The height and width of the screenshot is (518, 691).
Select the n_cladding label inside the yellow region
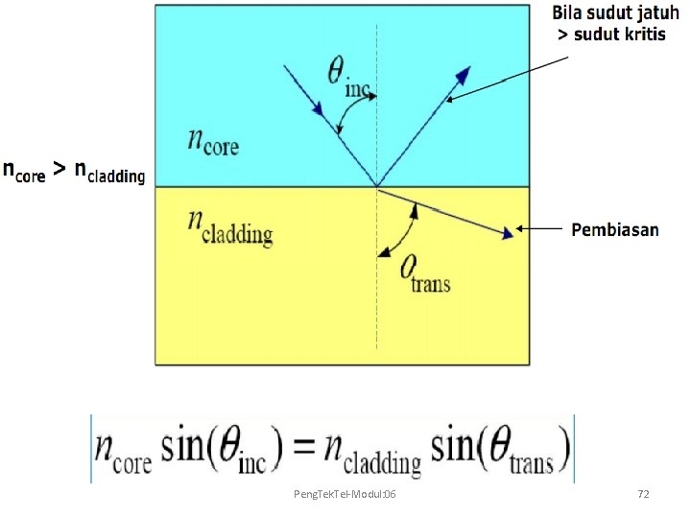(229, 226)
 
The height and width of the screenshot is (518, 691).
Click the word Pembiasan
(615, 229)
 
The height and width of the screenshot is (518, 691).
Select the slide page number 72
(643, 493)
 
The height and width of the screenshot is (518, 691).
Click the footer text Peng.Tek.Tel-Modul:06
(348, 493)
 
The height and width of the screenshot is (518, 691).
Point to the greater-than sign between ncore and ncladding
(59, 170)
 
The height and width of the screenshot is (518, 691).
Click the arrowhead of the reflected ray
(464, 75)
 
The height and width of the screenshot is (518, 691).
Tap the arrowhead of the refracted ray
(506, 233)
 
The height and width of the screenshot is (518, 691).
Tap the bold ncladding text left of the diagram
(109, 173)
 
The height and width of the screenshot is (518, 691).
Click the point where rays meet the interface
(376, 186)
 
